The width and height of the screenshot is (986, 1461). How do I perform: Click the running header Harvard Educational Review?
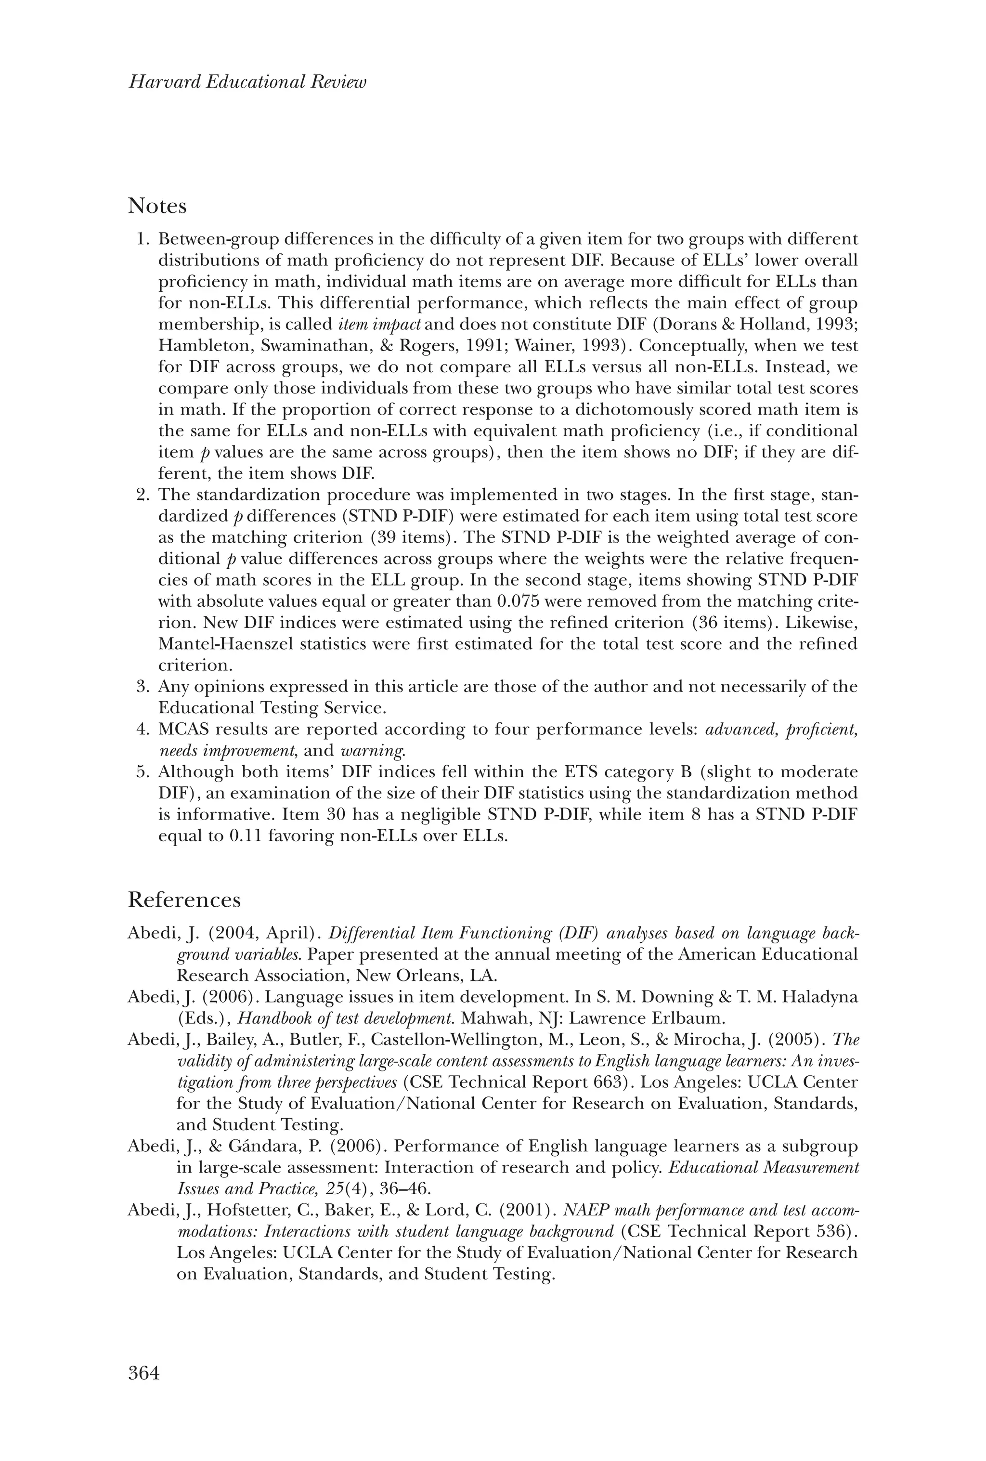pyautogui.click(x=247, y=82)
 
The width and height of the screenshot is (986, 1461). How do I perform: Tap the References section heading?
pyautogui.click(x=184, y=900)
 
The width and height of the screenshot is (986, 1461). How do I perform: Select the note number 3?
pyautogui.click(x=142, y=687)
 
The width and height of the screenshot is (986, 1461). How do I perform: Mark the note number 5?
pyautogui.click(x=142, y=772)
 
